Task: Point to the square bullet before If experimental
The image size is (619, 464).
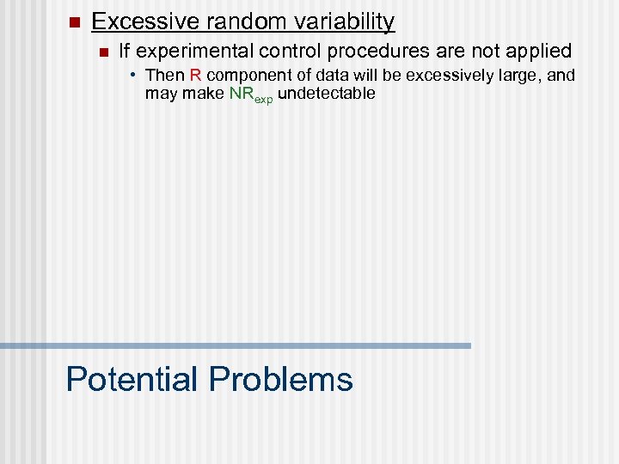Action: [103, 52]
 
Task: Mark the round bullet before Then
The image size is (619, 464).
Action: [135, 75]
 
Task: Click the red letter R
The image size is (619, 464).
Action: [195, 76]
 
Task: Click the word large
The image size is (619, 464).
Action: [521, 76]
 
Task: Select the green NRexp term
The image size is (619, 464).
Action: [251, 94]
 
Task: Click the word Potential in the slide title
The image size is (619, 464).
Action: [132, 379]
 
